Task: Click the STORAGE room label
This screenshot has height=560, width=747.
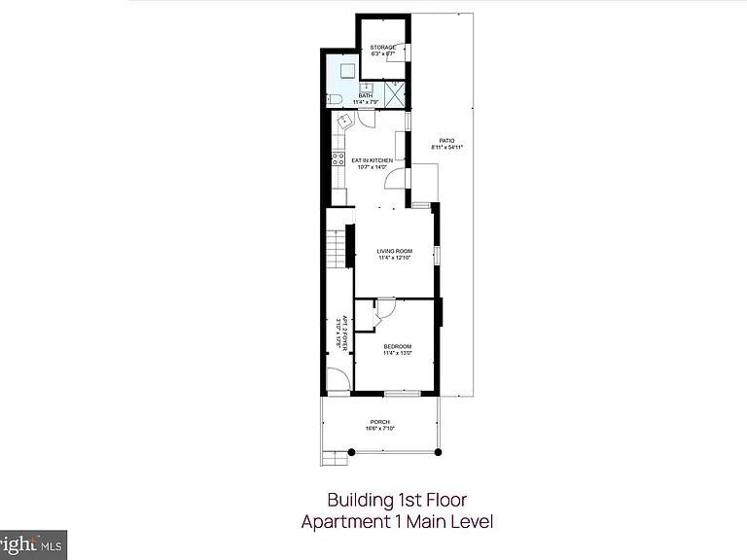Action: click(x=382, y=46)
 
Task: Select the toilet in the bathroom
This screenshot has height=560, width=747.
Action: click(x=333, y=98)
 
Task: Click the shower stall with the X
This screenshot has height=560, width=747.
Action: click(x=395, y=94)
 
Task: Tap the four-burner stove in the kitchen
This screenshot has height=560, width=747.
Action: click(x=338, y=158)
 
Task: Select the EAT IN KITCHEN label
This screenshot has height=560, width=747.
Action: click(x=372, y=160)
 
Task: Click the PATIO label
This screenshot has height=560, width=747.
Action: click(x=446, y=140)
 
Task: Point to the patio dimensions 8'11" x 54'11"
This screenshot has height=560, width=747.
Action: click(x=446, y=147)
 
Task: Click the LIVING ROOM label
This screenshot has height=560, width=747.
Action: click(x=395, y=252)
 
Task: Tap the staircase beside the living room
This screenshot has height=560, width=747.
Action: click(x=336, y=248)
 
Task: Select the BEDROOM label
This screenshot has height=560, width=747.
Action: click(x=397, y=347)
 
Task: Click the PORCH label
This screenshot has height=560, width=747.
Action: click(x=379, y=422)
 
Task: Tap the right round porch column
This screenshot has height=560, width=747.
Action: click(x=438, y=452)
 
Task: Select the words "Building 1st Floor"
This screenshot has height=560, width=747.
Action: click(x=397, y=500)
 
